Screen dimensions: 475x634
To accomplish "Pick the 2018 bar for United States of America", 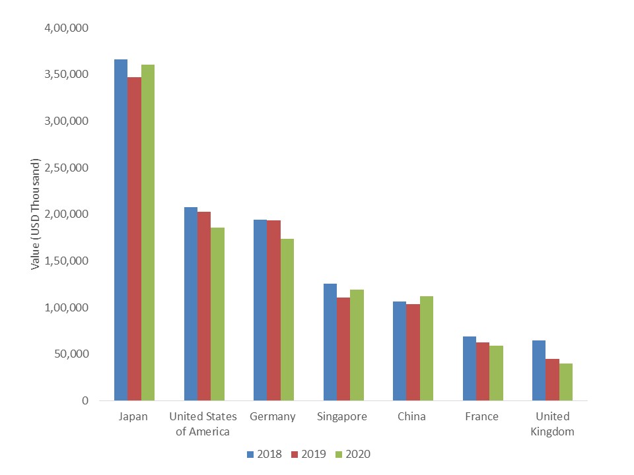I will pyautogui.click(x=190, y=303).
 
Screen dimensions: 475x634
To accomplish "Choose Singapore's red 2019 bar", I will pyautogui.click(x=343, y=349).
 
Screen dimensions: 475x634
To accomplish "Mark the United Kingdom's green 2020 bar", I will pyautogui.click(x=566, y=382).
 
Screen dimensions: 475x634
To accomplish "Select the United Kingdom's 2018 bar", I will pyautogui.click(x=539, y=370).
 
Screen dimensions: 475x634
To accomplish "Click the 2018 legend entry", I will pyautogui.click(x=265, y=454).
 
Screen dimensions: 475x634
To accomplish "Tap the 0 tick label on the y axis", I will pyautogui.click(x=85, y=400).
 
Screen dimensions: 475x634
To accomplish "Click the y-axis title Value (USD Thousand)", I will pyautogui.click(x=36, y=214).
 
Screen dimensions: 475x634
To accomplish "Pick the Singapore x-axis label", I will pyautogui.click(x=342, y=417).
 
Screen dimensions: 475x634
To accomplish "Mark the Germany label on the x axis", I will pyautogui.click(x=273, y=417).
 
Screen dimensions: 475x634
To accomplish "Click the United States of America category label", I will pyautogui.click(x=203, y=424).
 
